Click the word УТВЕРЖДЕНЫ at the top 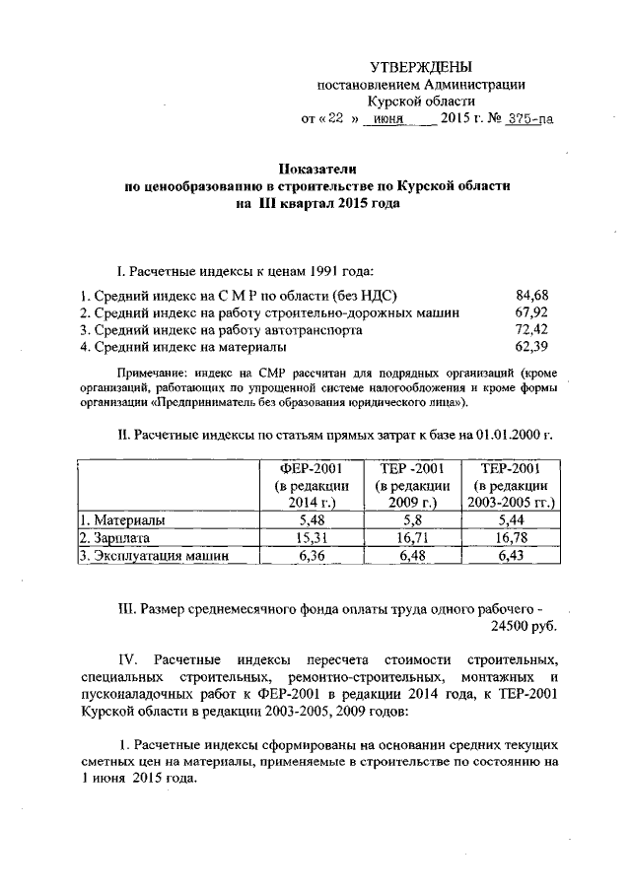[421, 67]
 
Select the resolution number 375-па [526, 119]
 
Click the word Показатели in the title [316, 168]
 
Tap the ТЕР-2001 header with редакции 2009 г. [413, 485]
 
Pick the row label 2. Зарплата [115, 538]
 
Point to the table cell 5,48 [310, 519]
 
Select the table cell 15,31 [310, 538]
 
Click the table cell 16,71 [413, 538]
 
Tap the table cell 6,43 [513, 557]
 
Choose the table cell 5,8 [413, 519]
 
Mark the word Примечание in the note [153, 375]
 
